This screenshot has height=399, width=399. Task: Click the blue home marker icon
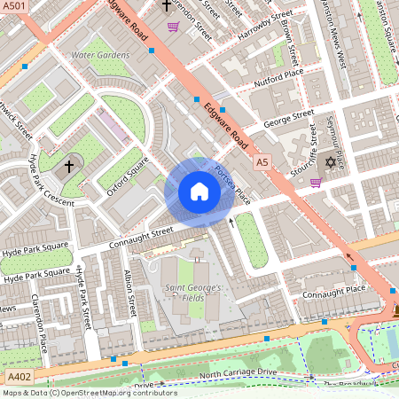coord(199,192)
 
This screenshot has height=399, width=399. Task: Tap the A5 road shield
coord(262,163)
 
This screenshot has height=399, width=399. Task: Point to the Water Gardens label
coord(100,55)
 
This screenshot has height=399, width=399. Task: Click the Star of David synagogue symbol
coord(332,163)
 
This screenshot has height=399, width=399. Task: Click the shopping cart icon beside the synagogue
coord(316,183)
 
